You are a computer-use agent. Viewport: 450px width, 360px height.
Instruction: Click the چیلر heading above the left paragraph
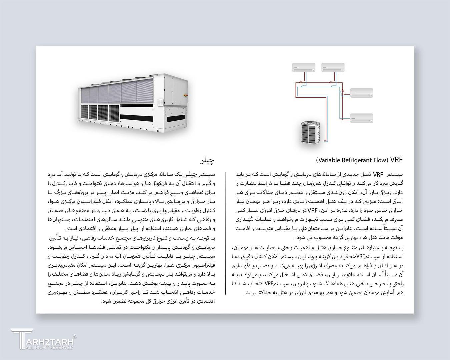tap(207, 161)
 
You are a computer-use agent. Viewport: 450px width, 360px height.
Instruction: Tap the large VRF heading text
tap(396, 160)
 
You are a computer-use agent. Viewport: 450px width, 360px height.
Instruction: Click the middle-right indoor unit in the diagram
tap(362, 92)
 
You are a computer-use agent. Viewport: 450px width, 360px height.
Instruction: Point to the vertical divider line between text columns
tap(225, 233)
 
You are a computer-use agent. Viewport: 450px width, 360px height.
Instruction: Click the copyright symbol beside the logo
tap(75, 337)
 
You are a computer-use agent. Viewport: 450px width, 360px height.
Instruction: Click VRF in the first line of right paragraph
tap(378, 174)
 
